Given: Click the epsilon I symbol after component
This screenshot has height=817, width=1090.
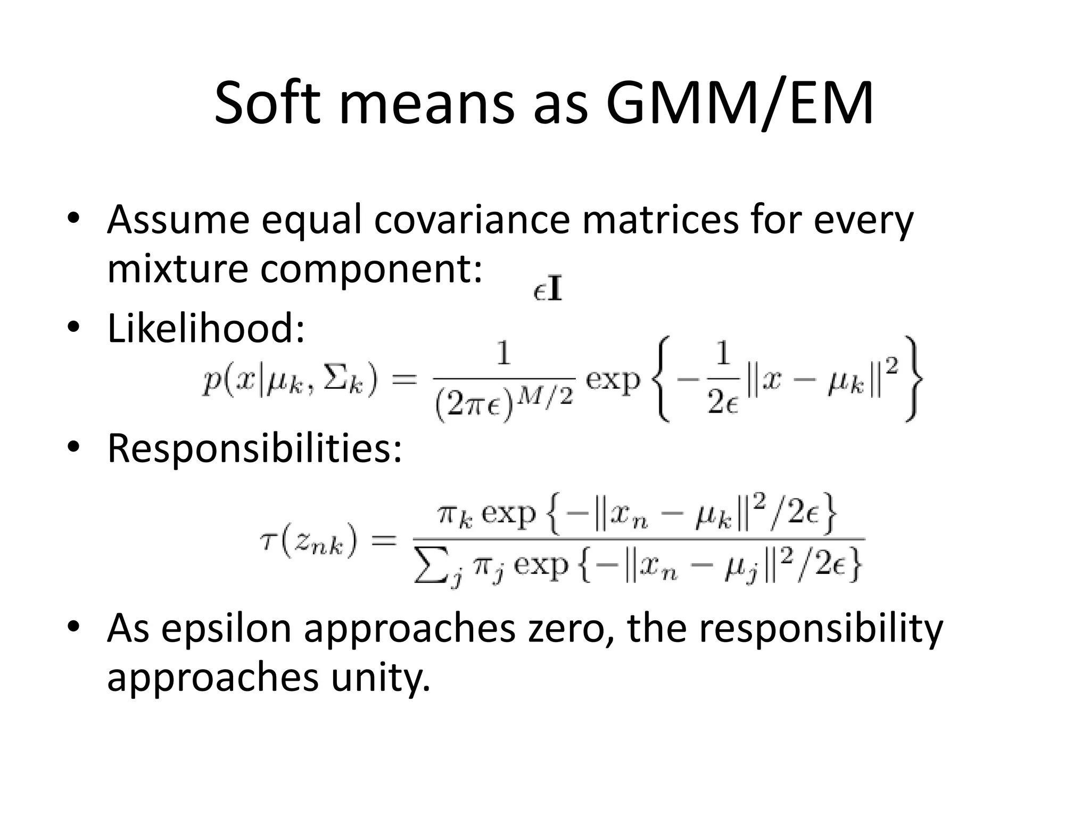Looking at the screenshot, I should (x=548, y=291).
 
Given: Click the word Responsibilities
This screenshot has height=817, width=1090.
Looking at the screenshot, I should (x=254, y=448).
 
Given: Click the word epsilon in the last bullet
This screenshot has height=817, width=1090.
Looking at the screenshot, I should (x=226, y=629).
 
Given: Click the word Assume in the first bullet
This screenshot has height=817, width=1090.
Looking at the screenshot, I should (x=178, y=220).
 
